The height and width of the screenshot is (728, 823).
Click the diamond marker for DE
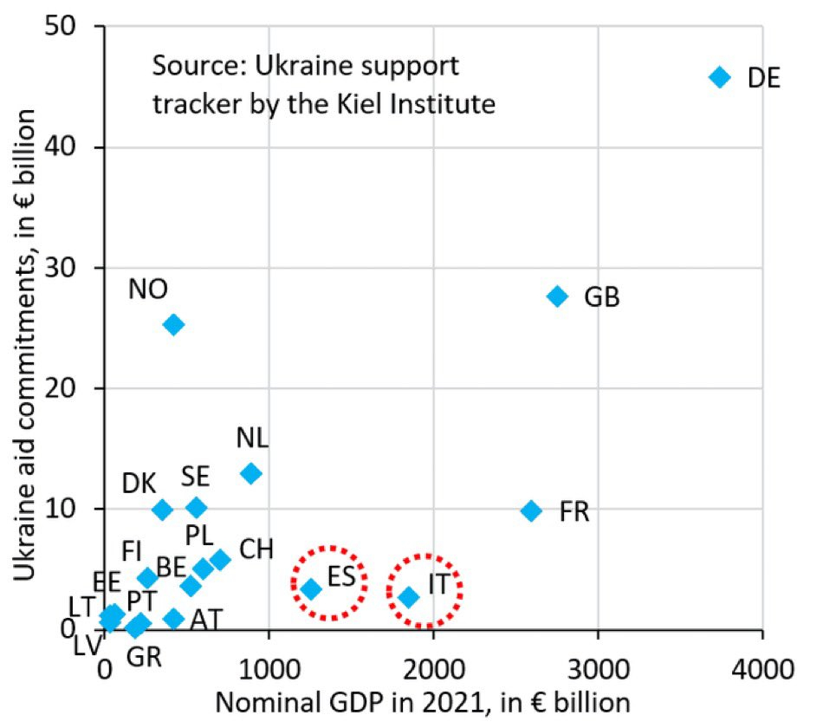point(719,77)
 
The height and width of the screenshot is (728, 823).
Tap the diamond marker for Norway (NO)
point(173,325)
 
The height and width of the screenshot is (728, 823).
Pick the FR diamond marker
point(531,510)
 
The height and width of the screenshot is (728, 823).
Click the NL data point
point(251,474)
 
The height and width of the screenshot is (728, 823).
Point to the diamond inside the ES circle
point(311,589)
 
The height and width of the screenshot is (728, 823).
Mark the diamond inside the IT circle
point(408,597)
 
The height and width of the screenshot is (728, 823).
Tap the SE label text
point(195,476)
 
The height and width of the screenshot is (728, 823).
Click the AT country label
point(205,620)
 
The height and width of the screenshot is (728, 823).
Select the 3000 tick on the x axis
point(598,669)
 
